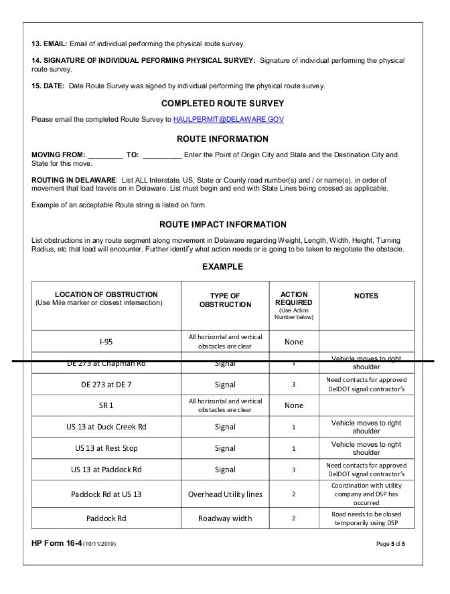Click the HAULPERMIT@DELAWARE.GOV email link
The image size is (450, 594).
click(228, 119)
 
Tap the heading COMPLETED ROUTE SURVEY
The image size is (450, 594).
click(222, 104)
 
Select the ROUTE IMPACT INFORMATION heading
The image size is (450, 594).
click(222, 225)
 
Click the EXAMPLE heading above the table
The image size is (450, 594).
click(222, 267)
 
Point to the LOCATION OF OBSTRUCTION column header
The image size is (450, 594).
click(106, 298)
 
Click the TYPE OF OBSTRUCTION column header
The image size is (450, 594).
click(224, 300)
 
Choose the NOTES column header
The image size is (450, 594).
click(366, 296)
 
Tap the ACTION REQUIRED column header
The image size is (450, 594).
click(293, 298)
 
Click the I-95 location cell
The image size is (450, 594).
click(106, 342)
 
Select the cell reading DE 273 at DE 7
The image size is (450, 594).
click(106, 385)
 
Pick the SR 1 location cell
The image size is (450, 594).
click(106, 405)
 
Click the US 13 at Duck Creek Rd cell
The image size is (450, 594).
click(106, 427)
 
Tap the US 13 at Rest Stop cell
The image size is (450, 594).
click(106, 448)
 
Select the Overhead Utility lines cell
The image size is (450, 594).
click(224, 494)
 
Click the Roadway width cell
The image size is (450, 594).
click(224, 518)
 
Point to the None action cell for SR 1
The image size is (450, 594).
click(293, 405)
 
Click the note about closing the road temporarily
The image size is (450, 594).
click(366, 518)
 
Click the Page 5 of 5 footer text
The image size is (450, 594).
click(390, 544)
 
